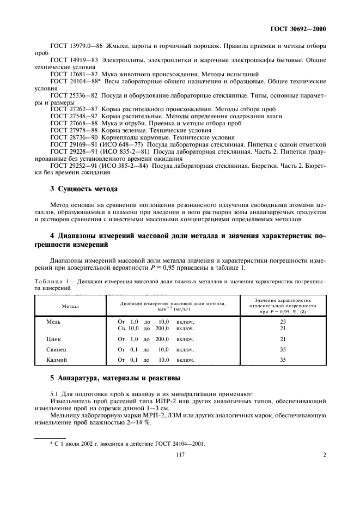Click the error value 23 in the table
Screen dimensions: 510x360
[x=282, y=321]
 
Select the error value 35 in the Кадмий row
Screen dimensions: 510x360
[x=282, y=360]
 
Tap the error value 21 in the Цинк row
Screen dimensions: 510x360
[x=282, y=339]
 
